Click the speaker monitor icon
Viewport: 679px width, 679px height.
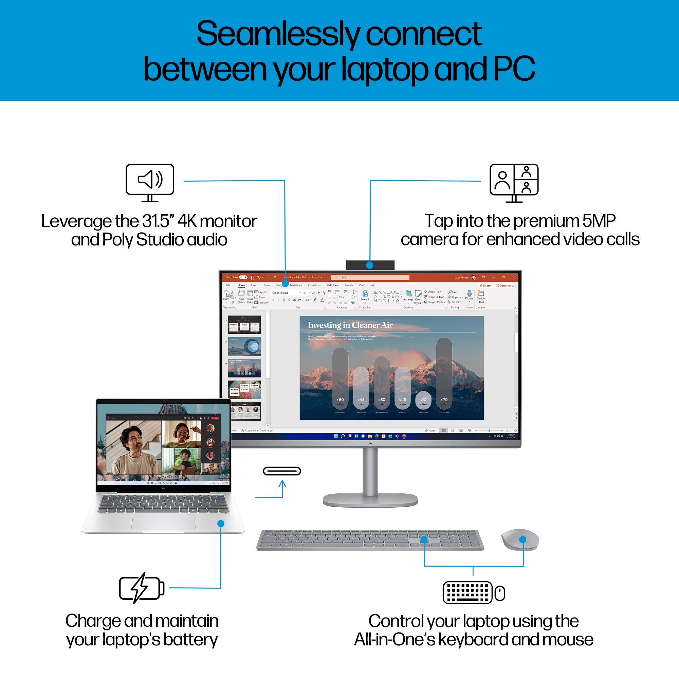[150, 182]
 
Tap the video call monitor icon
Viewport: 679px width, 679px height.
[514, 182]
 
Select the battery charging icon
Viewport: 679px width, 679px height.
[142, 588]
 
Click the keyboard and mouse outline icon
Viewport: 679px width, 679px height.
[473, 593]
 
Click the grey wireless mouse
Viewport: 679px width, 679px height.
[520, 539]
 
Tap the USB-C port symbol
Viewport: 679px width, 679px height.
[282, 471]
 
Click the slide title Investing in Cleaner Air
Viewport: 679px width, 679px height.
[350, 325]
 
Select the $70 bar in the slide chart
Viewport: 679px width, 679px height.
[444, 376]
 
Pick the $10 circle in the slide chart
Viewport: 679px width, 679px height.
[423, 400]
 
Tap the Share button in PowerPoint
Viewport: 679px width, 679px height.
[485, 286]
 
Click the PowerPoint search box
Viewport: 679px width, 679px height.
[366, 277]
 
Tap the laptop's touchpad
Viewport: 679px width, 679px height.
[163, 522]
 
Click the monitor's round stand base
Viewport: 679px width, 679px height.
[370, 499]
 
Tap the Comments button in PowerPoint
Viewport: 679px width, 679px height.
[505, 286]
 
